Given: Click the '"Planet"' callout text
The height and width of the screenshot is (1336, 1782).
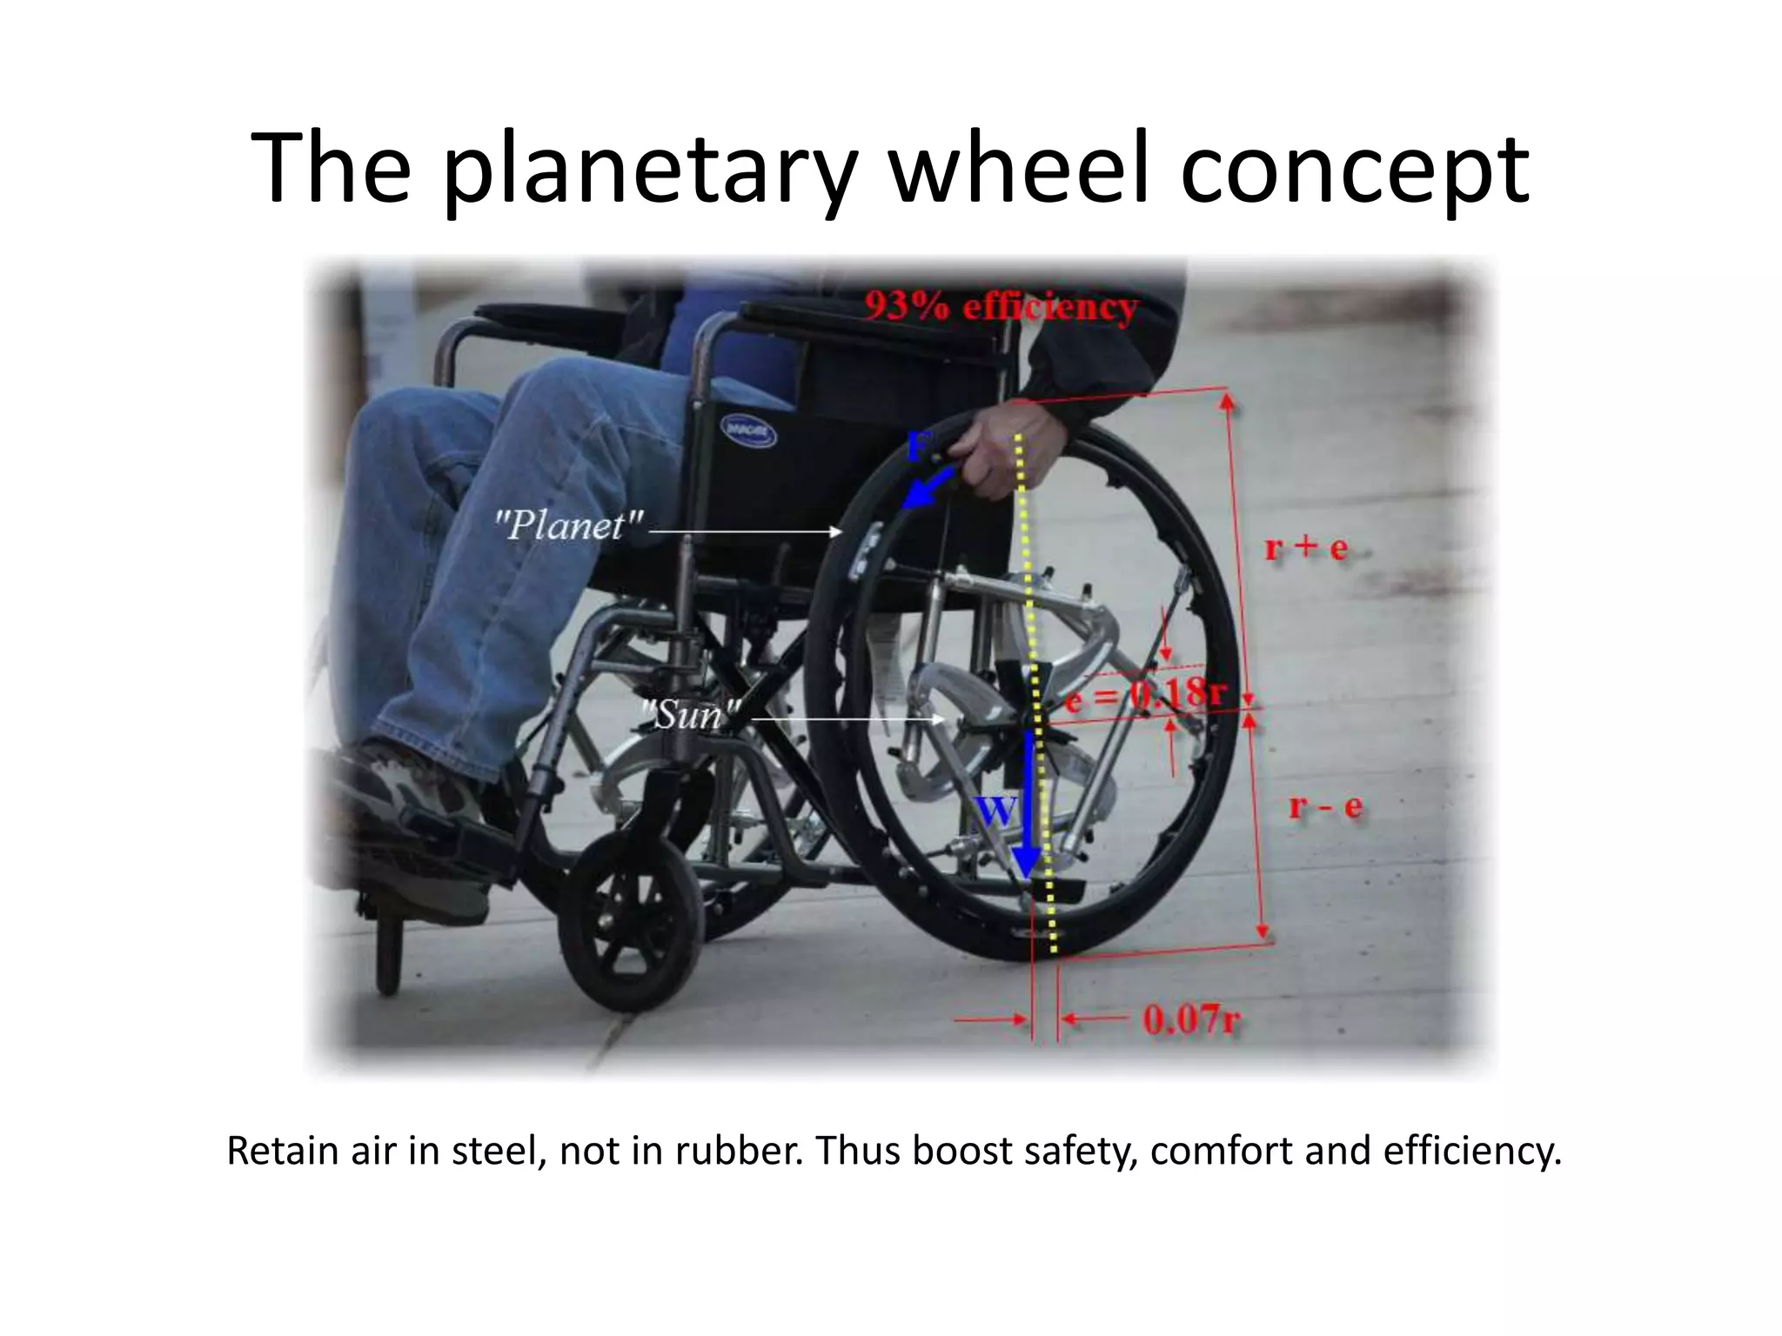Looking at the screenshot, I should pyautogui.click(x=570, y=525).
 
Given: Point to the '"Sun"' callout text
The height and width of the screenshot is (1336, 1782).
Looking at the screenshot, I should pyautogui.click(x=693, y=715).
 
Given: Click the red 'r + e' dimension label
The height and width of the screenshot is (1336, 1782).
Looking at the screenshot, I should pyautogui.click(x=1305, y=548).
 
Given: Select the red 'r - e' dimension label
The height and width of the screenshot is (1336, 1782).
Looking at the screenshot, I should pyautogui.click(x=1325, y=806).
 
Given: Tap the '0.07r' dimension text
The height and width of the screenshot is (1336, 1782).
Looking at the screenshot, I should pyautogui.click(x=1190, y=1019).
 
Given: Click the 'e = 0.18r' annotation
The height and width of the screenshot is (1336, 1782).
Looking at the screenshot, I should pyautogui.click(x=1144, y=696).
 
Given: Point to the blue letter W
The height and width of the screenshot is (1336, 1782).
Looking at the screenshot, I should pyautogui.click(x=995, y=811).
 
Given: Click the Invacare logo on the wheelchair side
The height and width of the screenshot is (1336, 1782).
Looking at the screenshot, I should pyautogui.click(x=747, y=431).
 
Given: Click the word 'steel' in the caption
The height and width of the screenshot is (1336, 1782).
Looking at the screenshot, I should pyautogui.click(x=500, y=1151).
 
